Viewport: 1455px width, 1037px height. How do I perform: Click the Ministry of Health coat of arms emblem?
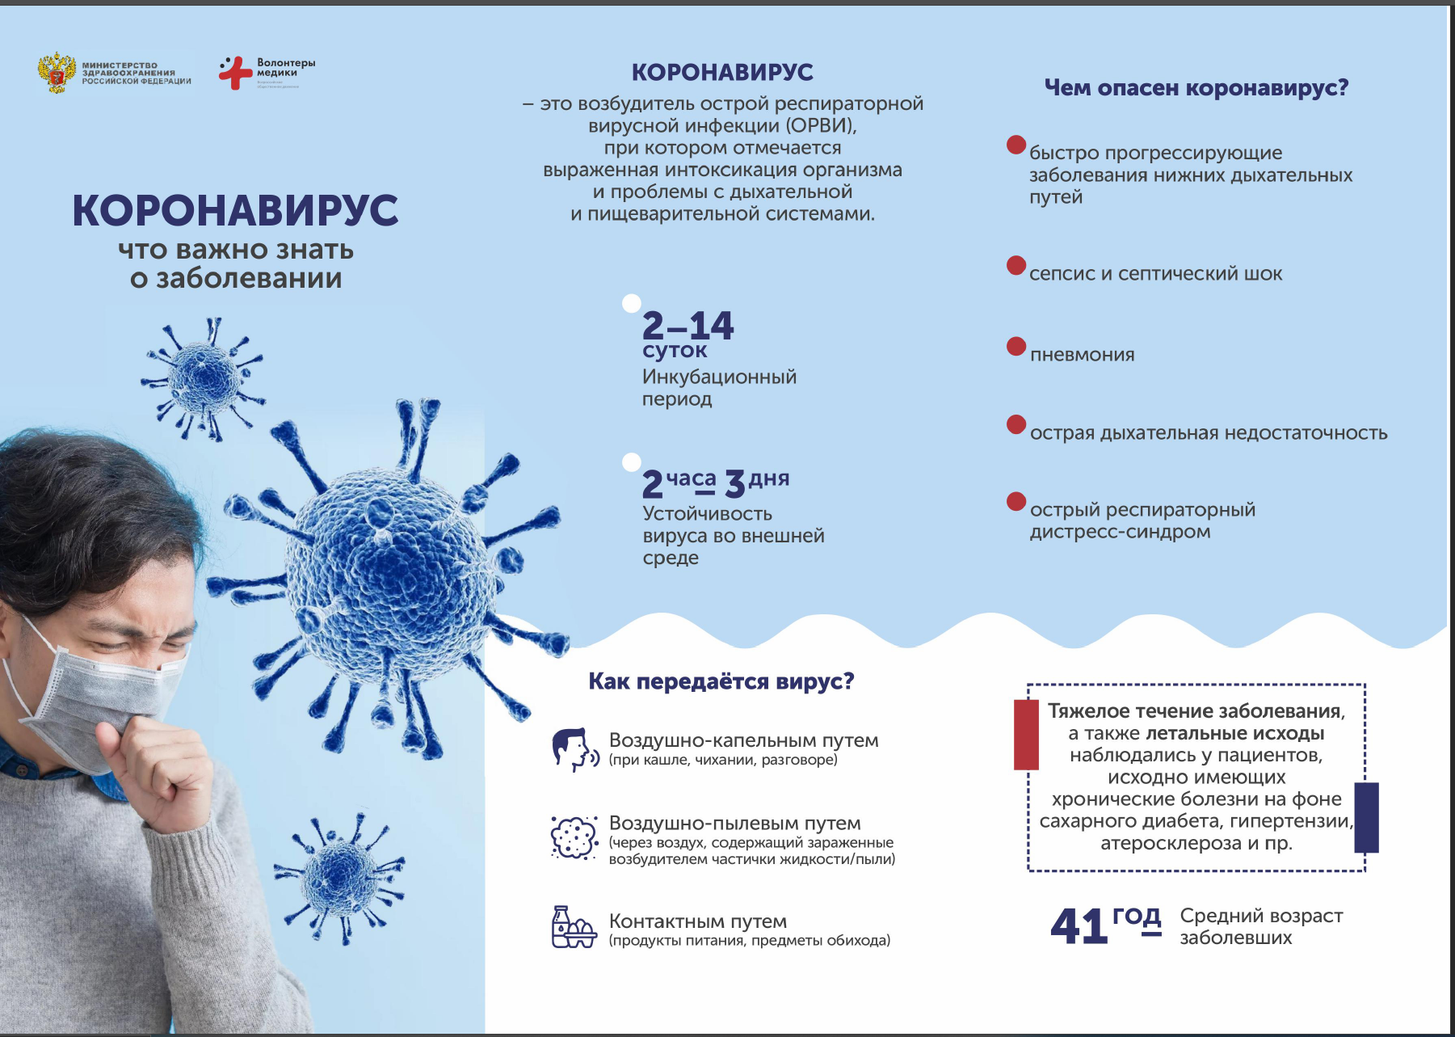tap(57, 74)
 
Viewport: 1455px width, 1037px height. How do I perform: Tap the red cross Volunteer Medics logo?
tap(235, 73)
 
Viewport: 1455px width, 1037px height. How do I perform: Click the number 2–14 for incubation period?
tap(688, 326)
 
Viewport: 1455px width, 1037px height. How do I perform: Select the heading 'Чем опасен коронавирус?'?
tap(1196, 87)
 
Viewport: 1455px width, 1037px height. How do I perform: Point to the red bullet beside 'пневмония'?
tap(1016, 347)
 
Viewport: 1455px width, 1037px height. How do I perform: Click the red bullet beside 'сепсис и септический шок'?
tap(1016, 266)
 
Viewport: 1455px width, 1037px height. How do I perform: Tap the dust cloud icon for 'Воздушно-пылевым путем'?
tap(574, 837)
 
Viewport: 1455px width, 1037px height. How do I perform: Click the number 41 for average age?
tap(1079, 926)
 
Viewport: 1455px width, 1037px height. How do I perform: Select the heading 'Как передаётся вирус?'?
tap(721, 681)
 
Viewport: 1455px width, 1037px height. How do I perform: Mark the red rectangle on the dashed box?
tap(1026, 734)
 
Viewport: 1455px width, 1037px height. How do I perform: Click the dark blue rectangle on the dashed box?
tap(1366, 817)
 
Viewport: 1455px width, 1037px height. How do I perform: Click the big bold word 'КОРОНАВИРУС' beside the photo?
tap(235, 210)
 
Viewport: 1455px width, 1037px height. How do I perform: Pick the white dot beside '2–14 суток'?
tap(632, 303)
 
